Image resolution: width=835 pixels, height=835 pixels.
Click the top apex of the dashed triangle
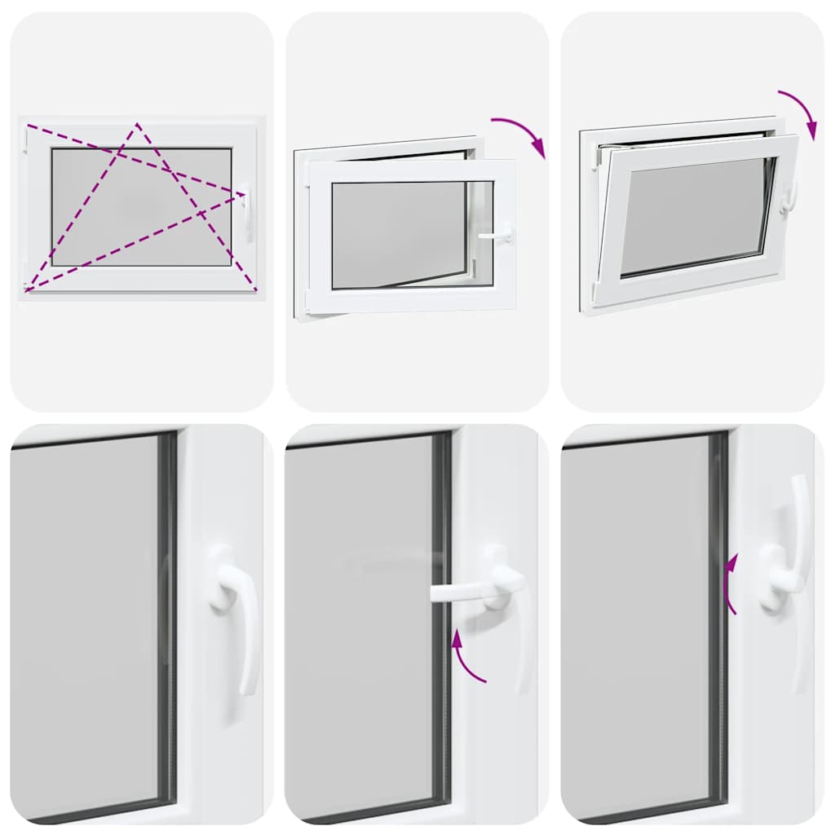137,124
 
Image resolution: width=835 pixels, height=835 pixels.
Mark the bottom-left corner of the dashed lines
27,290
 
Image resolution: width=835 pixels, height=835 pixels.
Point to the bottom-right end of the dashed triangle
256,290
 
